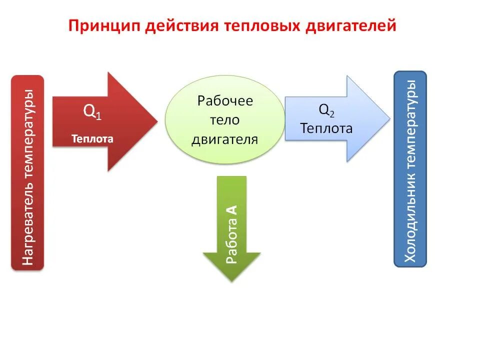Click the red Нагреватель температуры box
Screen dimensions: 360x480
pos(27,172)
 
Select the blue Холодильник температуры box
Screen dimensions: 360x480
pos(410,168)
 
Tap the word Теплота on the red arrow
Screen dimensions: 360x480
pos(92,139)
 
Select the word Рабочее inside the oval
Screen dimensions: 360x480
pos(225,101)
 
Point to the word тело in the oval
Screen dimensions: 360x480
pos(225,120)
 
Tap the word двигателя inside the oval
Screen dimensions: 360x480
pos(225,139)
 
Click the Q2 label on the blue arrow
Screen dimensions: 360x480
pos(326,110)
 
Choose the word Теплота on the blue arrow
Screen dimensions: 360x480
pos(326,128)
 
